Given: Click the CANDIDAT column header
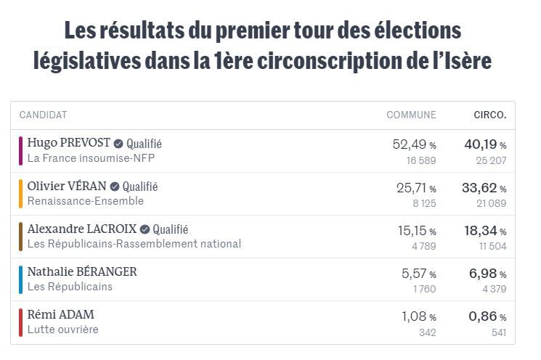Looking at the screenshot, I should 43,115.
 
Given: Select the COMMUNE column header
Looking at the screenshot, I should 411,115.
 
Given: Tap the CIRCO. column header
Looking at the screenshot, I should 489,115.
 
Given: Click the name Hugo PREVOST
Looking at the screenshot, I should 68,143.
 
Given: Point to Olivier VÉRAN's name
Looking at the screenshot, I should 67,186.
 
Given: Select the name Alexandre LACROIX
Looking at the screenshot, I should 81,229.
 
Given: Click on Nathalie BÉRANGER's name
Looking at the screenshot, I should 82,271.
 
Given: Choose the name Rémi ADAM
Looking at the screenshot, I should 60,314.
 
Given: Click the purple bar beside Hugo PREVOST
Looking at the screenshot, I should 21,150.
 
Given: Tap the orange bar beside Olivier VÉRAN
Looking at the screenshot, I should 21,193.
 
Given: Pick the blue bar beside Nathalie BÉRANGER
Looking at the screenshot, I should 21,279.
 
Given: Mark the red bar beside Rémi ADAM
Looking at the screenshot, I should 21,322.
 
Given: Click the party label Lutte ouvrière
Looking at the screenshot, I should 62,330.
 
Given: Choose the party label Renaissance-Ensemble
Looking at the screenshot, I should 85,201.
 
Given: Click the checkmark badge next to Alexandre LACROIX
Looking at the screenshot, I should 145,229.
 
